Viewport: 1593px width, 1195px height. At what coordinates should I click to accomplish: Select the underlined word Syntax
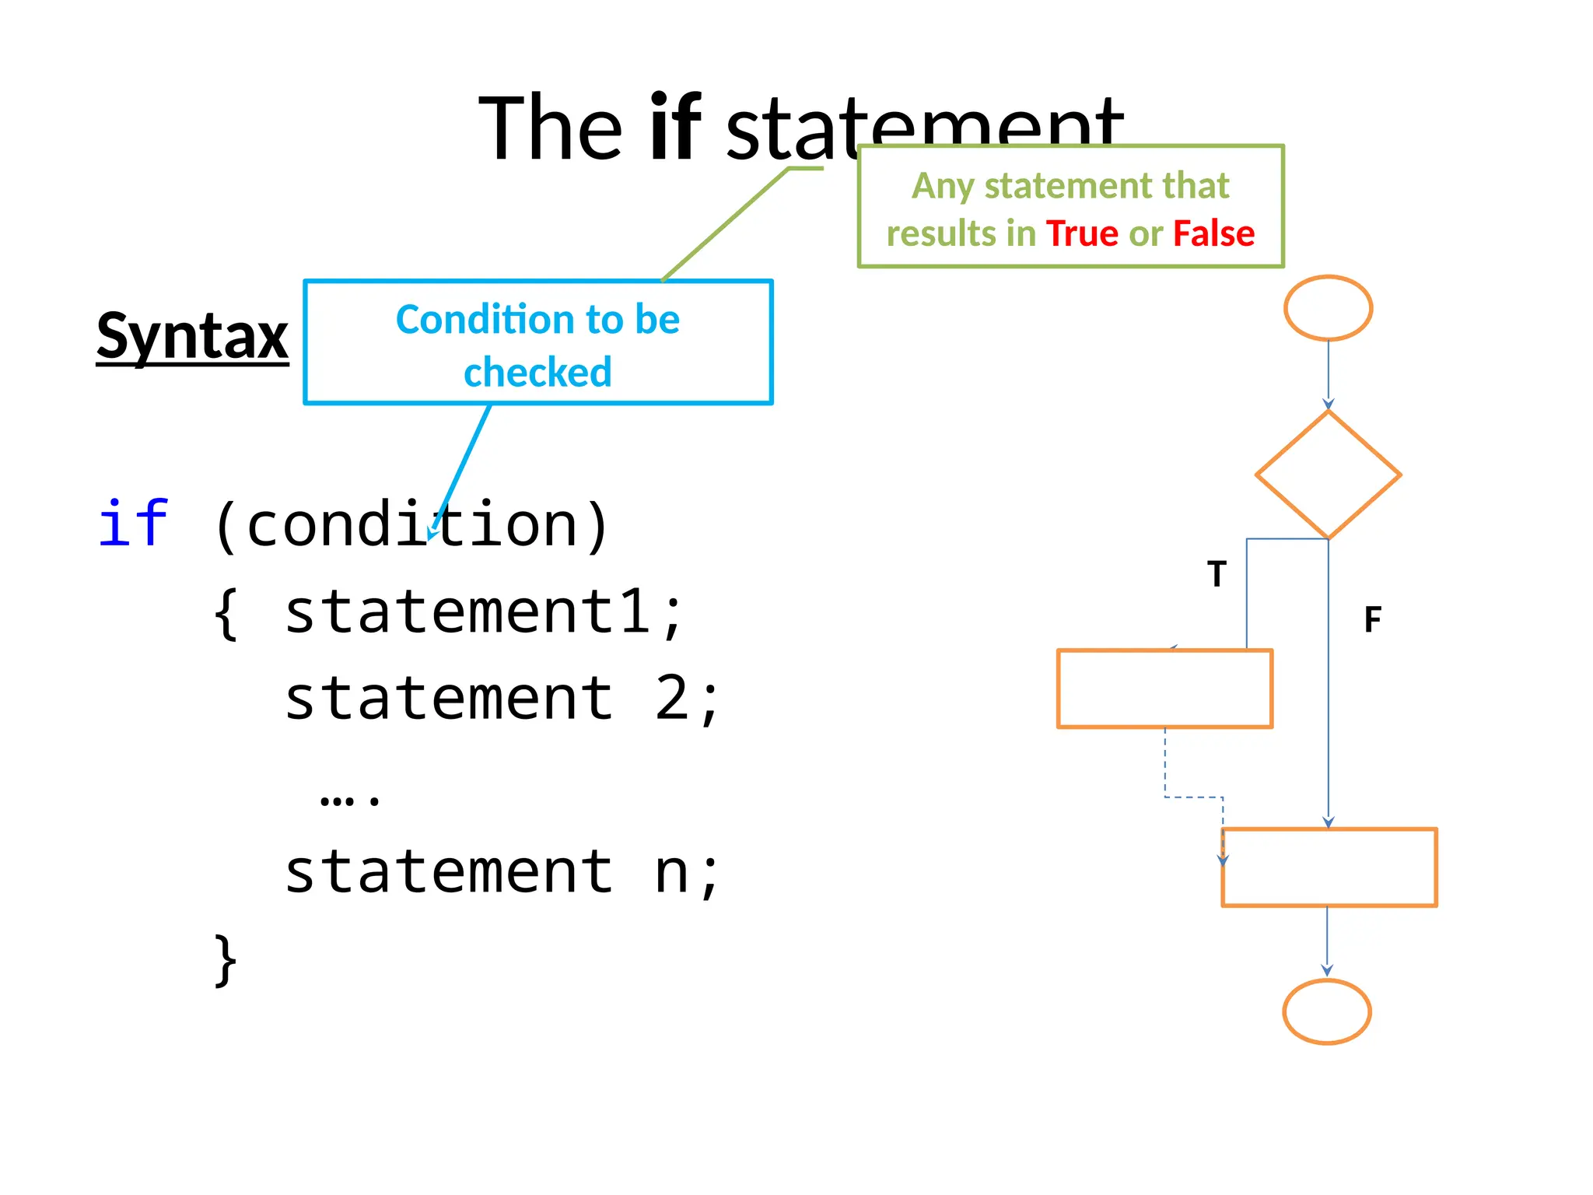(x=192, y=336)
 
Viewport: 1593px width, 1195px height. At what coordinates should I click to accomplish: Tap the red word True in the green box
(x=1082, y=233)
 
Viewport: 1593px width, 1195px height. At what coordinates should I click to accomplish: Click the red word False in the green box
(x=1213, y=233)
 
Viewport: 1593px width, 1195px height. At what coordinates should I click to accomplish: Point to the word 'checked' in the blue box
(x=537, y=372)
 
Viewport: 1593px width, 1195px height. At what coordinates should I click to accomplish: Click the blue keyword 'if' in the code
(x=133, y=524)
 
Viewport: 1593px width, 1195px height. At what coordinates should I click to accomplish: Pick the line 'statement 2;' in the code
(x=502, y=699)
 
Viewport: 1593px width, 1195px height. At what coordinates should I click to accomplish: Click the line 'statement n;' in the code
(x=502, y=872)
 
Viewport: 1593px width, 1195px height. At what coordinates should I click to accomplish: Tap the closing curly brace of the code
(x=226, y=960)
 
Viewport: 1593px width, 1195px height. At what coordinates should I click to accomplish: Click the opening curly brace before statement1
(x=226, y=614)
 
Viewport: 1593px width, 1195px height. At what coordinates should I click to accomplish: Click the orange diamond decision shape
(x=1328, y=475)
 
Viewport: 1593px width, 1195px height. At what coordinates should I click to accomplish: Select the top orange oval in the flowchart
(x=1328, y=308)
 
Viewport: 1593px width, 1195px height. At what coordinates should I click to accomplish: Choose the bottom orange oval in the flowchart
(x=1326, y=1011)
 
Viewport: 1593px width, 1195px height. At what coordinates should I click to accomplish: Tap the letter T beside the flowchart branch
(x=1217, y=574)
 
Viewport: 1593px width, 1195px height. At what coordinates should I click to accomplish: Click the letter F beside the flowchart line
(x=1373, y=620)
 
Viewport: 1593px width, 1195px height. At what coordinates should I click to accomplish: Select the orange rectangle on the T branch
(x=1164, y=689)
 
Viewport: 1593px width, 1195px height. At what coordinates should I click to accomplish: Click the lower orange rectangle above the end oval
(x=1329, y=867)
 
